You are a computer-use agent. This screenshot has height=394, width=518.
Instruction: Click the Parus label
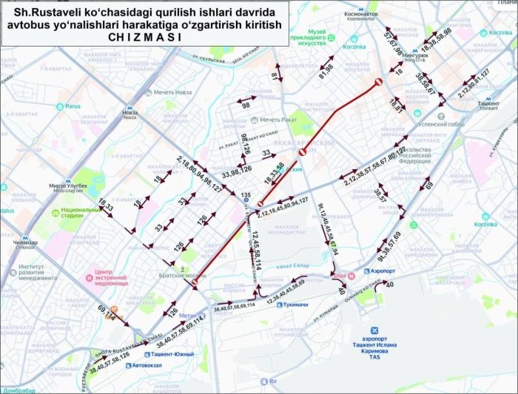[72, 106]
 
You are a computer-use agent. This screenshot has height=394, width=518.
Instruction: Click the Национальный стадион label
[71, 214]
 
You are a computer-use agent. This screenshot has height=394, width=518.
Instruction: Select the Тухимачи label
[296, 305]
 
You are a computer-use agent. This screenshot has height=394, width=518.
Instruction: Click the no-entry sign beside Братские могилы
[195, 282]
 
